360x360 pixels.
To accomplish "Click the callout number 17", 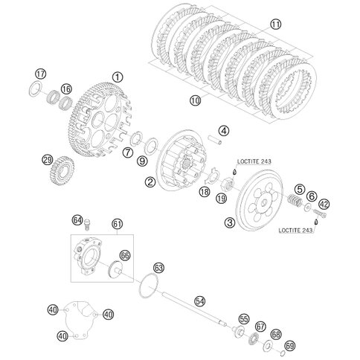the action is pos(41,74).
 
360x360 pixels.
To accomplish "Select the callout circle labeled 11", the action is pos(276,25).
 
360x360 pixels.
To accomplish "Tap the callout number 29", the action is pos(47,160).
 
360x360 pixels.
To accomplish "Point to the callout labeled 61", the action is pos(118,224).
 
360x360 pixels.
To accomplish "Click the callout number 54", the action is pos(200,301).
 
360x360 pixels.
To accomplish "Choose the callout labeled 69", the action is pos(290,346).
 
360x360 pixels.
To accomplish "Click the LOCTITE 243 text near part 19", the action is pos(254,161).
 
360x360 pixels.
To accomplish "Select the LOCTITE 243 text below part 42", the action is pos(295,231).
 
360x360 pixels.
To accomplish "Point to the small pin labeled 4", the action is pos(215,140).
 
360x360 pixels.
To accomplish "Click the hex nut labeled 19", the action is pos(228,184).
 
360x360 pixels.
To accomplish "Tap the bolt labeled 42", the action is pos(320,213).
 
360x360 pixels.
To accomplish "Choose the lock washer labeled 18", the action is pos(213,176).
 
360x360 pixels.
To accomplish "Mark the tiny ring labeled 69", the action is pos(283,353).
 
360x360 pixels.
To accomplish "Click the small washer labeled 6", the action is pos(308,207).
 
